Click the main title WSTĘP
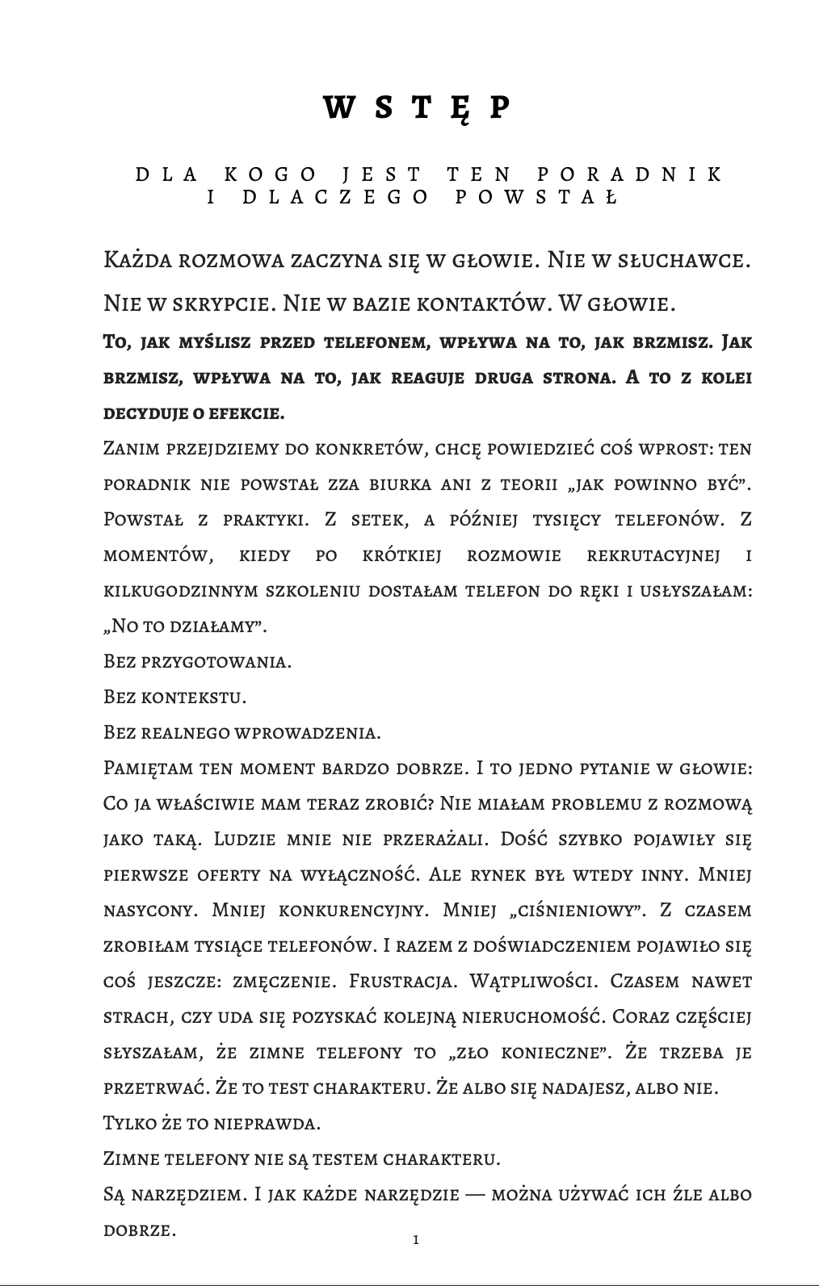418,107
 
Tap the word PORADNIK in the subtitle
628,174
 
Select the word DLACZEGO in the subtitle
336,197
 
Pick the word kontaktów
481,304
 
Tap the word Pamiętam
149,768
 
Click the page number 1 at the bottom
416,1239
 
